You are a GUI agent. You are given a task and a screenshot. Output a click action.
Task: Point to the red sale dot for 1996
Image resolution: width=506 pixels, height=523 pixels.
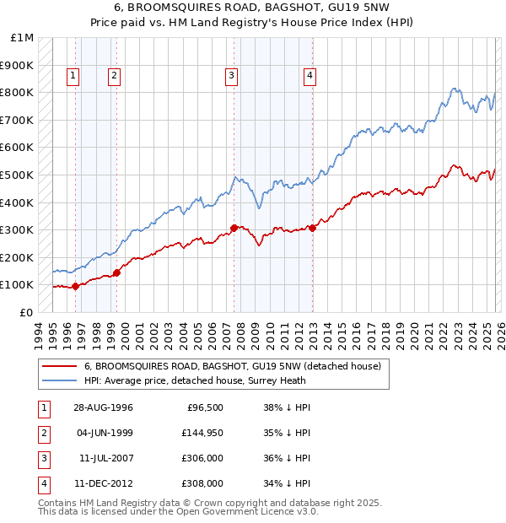pyautogui.click(x=76, y=286)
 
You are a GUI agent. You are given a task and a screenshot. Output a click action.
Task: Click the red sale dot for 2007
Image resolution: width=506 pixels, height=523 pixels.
pyautogui.click(x=234, y=228)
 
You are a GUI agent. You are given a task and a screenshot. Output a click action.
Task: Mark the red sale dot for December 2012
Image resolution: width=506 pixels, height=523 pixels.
pyautogui.click(x=312, y=228)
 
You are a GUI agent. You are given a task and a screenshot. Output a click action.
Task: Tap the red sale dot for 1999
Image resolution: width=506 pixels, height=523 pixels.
pyautogui.click(x=116, y=272)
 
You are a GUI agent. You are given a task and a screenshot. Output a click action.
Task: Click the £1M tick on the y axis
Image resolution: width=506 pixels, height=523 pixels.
pyautogui.click(x=22, y=38)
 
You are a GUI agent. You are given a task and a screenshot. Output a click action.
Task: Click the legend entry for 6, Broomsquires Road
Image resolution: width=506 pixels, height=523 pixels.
pyautogui.click(x=233, y=367)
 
